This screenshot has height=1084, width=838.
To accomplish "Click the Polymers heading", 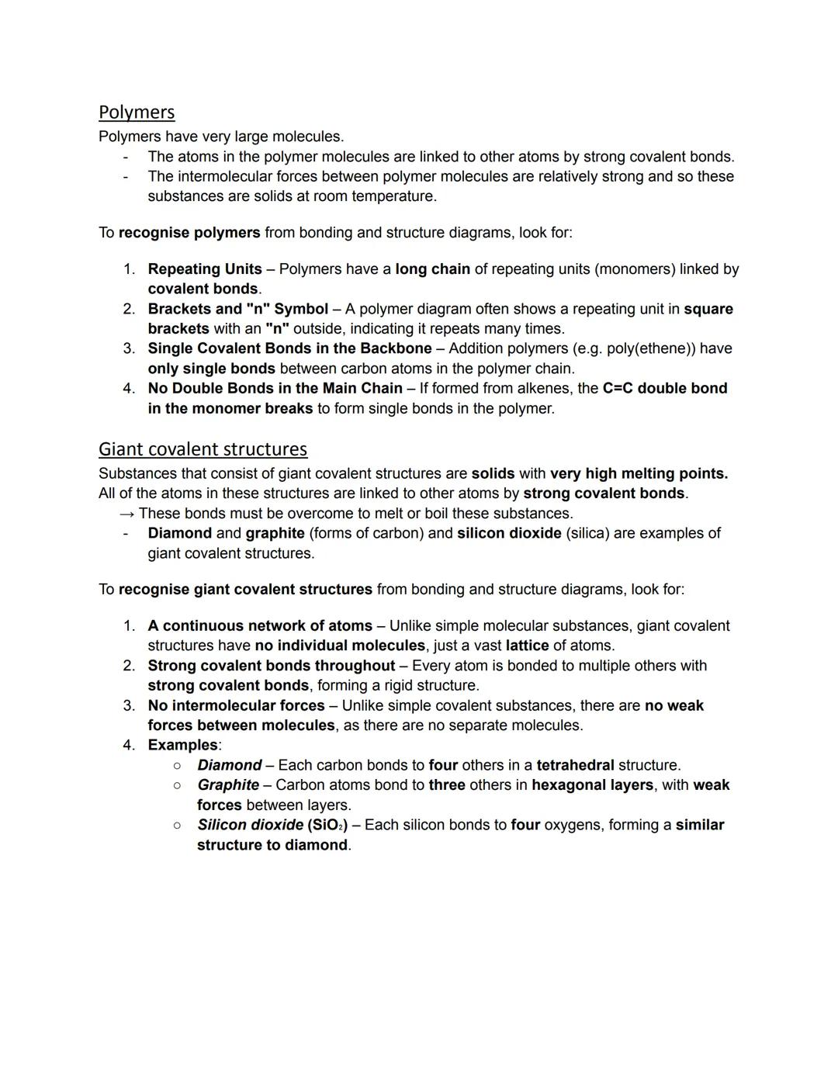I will click(x=137, y=113).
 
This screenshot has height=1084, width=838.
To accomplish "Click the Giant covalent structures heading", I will click(x=203, y=449).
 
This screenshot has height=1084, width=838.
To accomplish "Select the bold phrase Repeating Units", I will click(x=205, y=269).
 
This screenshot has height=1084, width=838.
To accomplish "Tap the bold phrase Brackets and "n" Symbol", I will click(x=237, y=309).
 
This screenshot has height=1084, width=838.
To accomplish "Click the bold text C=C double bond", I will click(x=664, y=388).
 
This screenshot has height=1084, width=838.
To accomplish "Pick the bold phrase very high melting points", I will click(x=639, y=473).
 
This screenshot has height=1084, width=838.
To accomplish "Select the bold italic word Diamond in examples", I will click(x=229, y=765).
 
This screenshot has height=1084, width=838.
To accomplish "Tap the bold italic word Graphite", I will click(x=228, y=785).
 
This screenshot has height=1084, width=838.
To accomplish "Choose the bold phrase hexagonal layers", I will click(x=592, y=785).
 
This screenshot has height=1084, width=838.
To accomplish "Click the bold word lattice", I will click(x=527, y=646).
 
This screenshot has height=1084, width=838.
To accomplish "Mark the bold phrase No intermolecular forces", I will click(x=236, y=705).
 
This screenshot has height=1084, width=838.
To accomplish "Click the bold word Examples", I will click(x=182, y=745).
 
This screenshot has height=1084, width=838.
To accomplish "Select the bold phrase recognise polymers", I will click(x=189, y=233).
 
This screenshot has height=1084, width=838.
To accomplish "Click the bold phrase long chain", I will click(x=432, y=269).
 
